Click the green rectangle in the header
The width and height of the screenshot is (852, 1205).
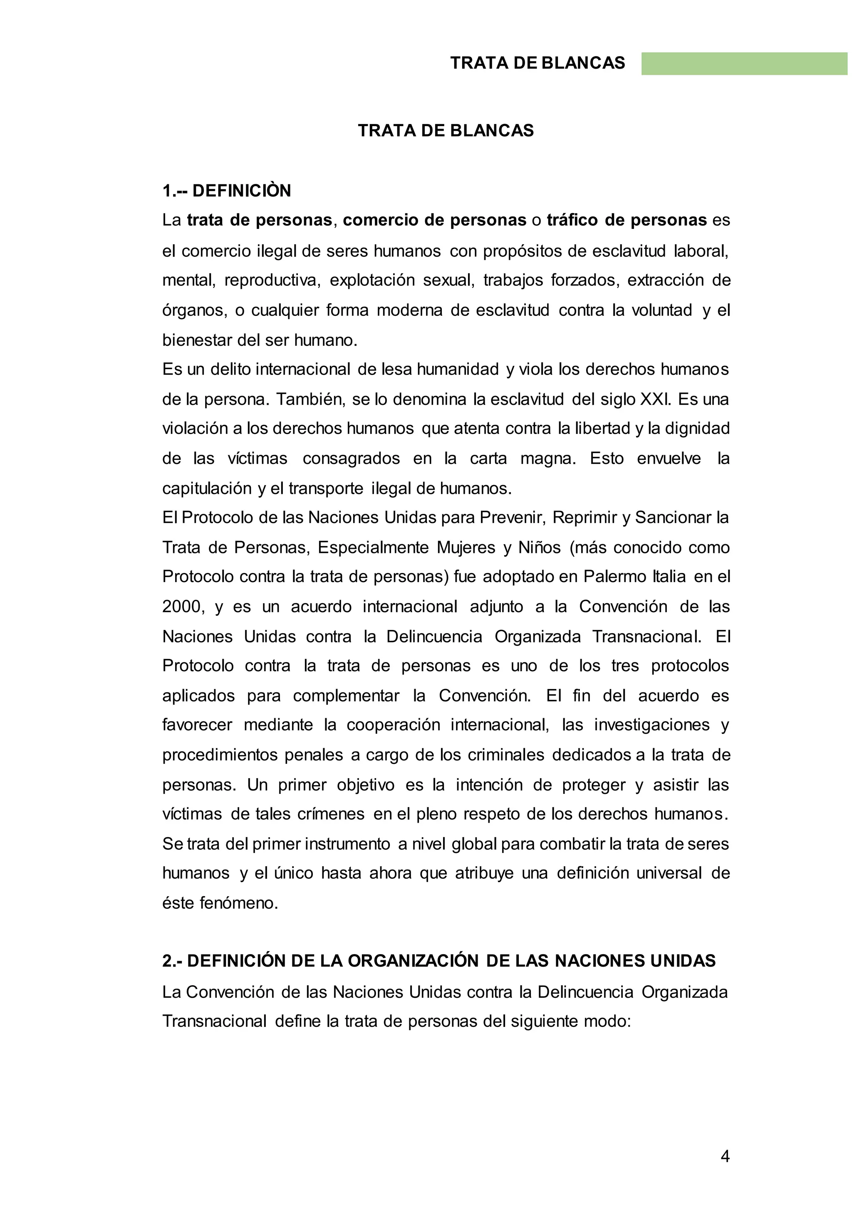tap(744, 64)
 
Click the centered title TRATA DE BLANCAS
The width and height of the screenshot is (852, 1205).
tap(446, 131)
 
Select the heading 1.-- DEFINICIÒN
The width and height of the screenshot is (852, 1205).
tap(226, 191)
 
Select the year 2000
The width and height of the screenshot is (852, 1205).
tap(181, 607)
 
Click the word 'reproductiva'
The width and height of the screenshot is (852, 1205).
tap(272, 280)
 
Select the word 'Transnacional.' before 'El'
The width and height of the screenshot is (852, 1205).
tap(646, 637)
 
